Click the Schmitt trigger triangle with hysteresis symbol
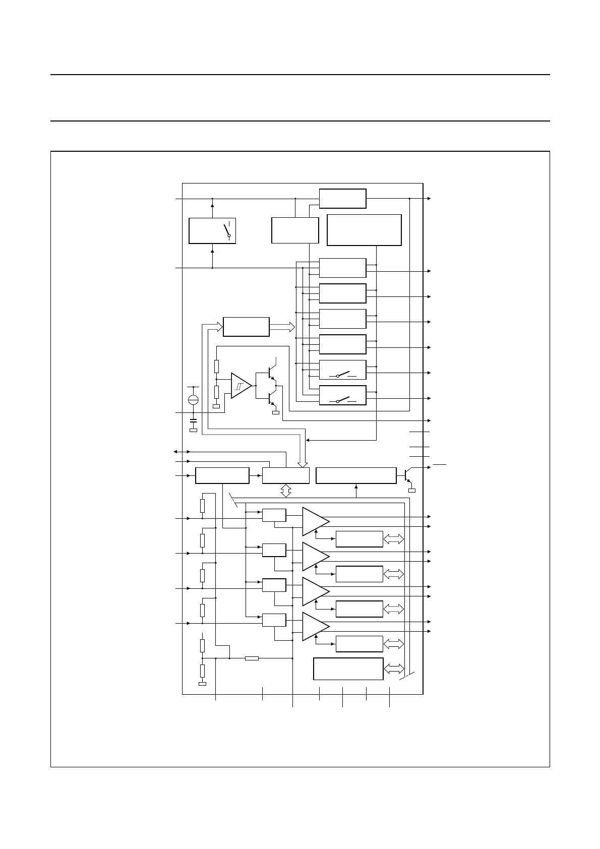point(241,386)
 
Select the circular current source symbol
point(193,400)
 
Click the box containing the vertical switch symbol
point(212,231)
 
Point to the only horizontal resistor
point(252,658)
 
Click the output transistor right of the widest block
point(408,474)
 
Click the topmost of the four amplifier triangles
point(315,521)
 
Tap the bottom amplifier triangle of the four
point(315,626)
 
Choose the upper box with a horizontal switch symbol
point(343,370)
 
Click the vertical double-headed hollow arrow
point(286,491)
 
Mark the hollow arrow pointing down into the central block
point(303,461)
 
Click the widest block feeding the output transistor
point(356,475)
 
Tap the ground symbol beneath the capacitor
point(193,430)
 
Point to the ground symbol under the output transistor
point(412,490)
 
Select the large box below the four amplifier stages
point(348,669)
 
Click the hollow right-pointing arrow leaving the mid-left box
point(282,327)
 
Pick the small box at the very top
point(343,198)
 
